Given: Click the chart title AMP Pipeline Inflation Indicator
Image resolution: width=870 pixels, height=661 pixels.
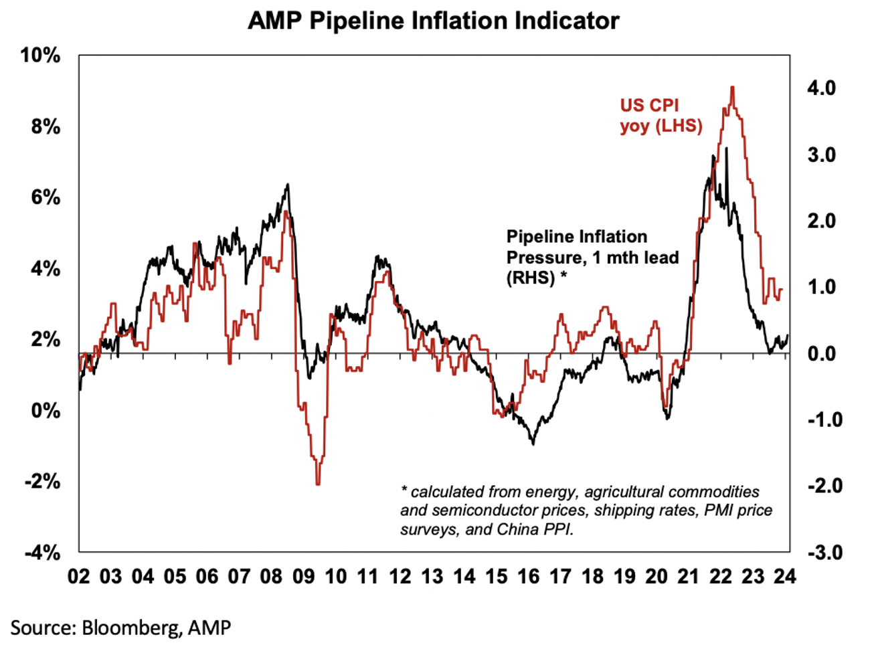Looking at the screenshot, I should click(x=433, y=21).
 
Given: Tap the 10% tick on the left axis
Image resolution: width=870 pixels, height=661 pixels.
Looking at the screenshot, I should click(x=41, y=56).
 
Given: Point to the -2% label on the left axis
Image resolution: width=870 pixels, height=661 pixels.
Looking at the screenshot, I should click(x=42, y=482).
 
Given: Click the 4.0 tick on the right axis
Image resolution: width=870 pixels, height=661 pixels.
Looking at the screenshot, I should click(x=821, y=88).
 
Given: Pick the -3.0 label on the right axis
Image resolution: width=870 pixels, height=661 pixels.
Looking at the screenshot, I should click(x=824, y=553).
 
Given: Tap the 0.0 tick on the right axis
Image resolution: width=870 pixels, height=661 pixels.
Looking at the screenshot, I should click(x=821, y=353).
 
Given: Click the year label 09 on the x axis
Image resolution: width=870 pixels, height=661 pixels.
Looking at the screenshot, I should click(x=303, y=577).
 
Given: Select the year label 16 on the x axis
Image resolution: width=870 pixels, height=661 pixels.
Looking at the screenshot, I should click(x=528, y=577).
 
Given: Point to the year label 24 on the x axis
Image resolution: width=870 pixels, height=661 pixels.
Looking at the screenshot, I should click(x=785, y=577).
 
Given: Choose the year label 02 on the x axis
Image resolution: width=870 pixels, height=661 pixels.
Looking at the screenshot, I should click(x=79, y=577).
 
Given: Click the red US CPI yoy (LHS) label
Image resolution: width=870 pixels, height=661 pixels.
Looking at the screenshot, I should click(x=661, y=115).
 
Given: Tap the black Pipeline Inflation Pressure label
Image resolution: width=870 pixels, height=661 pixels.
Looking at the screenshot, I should click(x=592, y=257).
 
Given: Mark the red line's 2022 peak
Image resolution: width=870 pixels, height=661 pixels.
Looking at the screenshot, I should click(x=733, y=87).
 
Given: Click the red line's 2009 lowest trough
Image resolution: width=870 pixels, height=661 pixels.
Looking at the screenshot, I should click(x=317, y=484).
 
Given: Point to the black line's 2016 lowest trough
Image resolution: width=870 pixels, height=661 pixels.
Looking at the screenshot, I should click(x=533, y=444).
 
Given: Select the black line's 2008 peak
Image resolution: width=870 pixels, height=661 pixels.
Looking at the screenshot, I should click(x=288, y=184).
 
